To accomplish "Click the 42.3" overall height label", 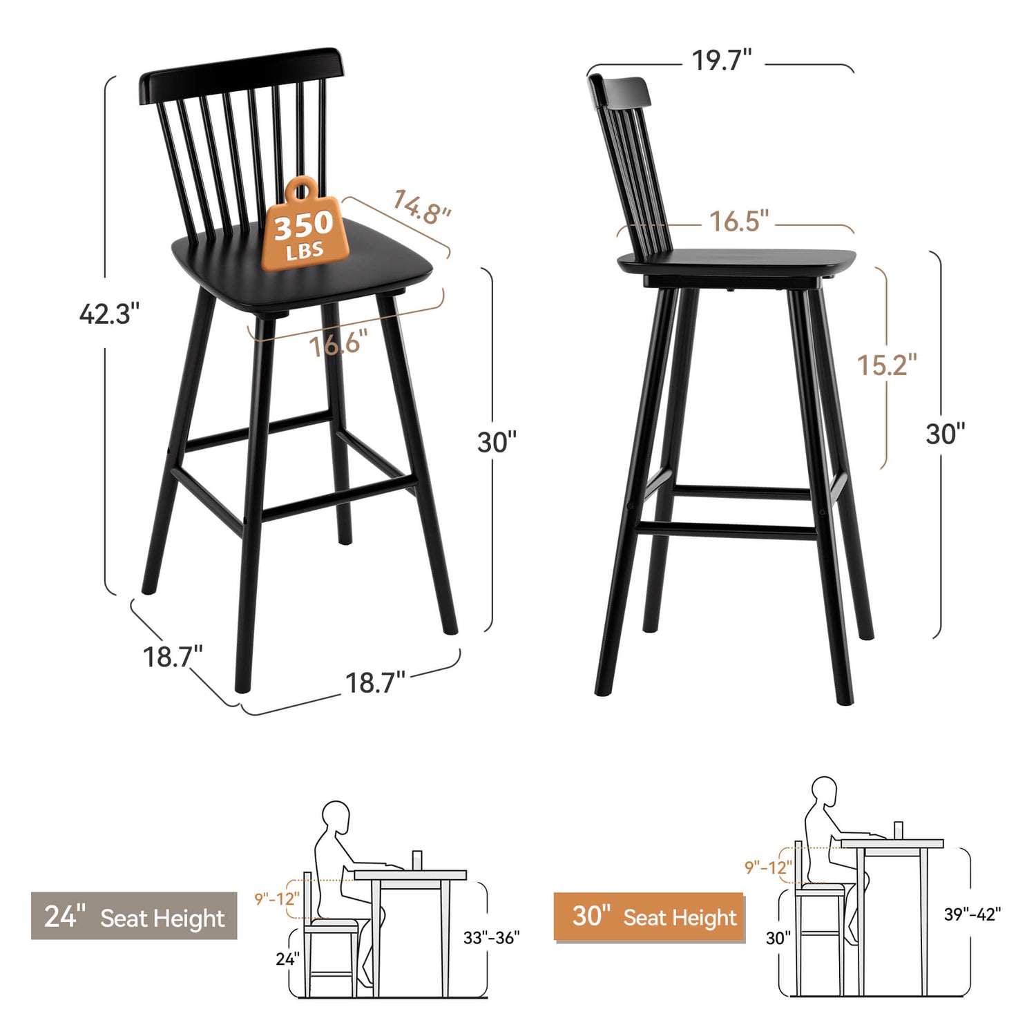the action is tap(109, 314).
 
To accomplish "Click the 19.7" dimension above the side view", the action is tap(722, 60).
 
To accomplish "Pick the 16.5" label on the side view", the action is tap(739, 221).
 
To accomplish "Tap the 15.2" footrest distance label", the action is tap(887, 365).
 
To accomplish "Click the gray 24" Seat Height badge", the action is tap(134, 916).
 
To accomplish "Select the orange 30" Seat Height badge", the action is tap(649, 917).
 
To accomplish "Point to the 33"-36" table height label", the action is tap(491, 937).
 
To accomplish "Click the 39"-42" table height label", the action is tap(972, 914).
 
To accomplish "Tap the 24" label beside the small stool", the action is tap(287, 959).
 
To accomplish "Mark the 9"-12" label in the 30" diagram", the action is tap(768, 867).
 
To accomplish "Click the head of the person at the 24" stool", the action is tap(336, 818).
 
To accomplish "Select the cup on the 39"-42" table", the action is tap(899, 831).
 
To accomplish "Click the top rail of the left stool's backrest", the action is tap(241, 76).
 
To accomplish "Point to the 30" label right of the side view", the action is tap(946, 434).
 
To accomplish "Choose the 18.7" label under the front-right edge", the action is tap(375, 682).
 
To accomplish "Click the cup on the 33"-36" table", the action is tap(417, 861).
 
